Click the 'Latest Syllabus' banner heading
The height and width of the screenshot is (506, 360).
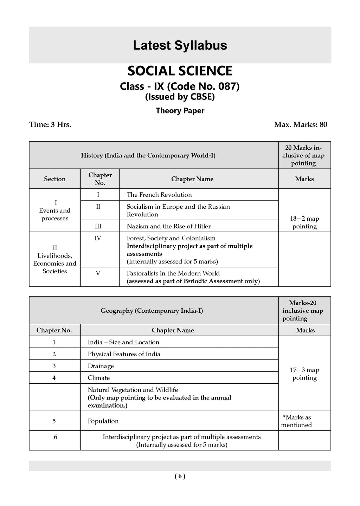click(180, 45)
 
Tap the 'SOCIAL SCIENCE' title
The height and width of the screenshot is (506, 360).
click(180, 71)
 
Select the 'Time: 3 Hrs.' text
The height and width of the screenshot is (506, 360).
click(50, 124)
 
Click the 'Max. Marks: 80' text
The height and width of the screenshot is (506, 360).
click(301, 124)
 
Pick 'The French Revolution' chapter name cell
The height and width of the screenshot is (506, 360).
click(159, 195)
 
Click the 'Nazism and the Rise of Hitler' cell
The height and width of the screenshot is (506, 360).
click(169, 226)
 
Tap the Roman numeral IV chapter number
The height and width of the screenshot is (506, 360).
click(98, 238)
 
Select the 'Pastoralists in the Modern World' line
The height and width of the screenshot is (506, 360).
click(173, 273)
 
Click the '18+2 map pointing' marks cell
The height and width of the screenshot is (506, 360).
click(304, 222)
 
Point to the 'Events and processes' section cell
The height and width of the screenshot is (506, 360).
click(55, 210)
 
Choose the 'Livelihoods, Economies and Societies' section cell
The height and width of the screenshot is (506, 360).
click(55, 259)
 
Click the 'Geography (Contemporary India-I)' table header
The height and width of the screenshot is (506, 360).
click(152, 311)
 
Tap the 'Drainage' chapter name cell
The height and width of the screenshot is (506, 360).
click(101, 366)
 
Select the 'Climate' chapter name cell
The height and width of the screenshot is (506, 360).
click(99, 378)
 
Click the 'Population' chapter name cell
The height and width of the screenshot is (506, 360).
click(103, 421)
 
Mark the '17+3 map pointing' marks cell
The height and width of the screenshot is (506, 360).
click(304, 374)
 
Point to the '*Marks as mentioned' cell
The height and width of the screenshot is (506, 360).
click(297, 421)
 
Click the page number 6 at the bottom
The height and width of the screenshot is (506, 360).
click(180, 476)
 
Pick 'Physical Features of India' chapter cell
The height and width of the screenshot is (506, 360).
click(124, 354)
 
